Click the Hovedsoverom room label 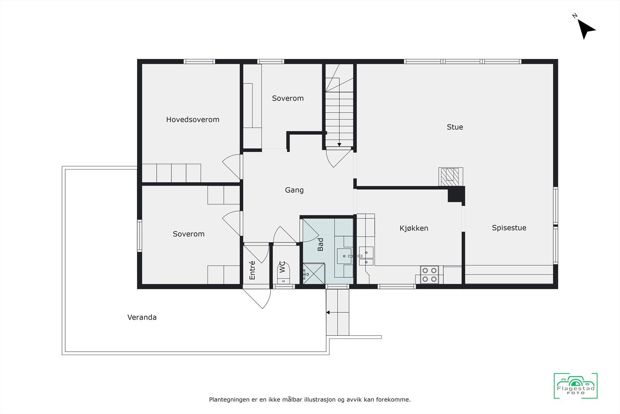coord(193,120)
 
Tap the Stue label coord(455,127)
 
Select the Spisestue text coord(509,228)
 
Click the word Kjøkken coord(413,228)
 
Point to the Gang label coord(294,190)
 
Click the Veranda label coord(142,317)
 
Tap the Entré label coord(252,270)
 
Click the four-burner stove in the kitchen coord(429,274)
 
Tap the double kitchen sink coord(366,256)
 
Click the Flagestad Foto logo coord(575,386)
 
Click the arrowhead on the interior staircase coord(339,145)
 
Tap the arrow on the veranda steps coord(328,312)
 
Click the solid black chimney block coord(456,194)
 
